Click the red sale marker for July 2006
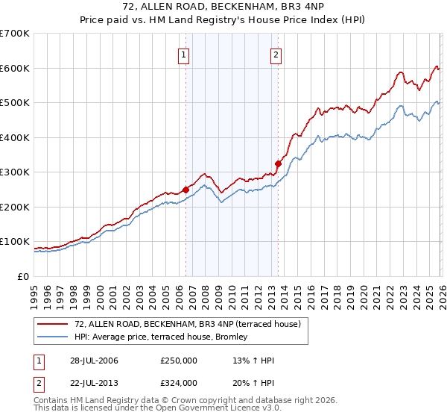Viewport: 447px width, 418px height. click(186, 190)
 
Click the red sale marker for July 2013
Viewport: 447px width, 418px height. click(278, 163)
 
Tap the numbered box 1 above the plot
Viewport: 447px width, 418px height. click(184, 54)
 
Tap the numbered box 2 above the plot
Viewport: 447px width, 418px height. click(276, 54)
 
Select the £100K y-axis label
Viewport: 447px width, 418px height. click(15, 241)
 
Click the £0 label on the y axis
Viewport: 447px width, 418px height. click(22, 276)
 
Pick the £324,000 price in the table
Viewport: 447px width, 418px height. click(178, 382)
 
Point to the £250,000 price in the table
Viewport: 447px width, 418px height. click(178, 361)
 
